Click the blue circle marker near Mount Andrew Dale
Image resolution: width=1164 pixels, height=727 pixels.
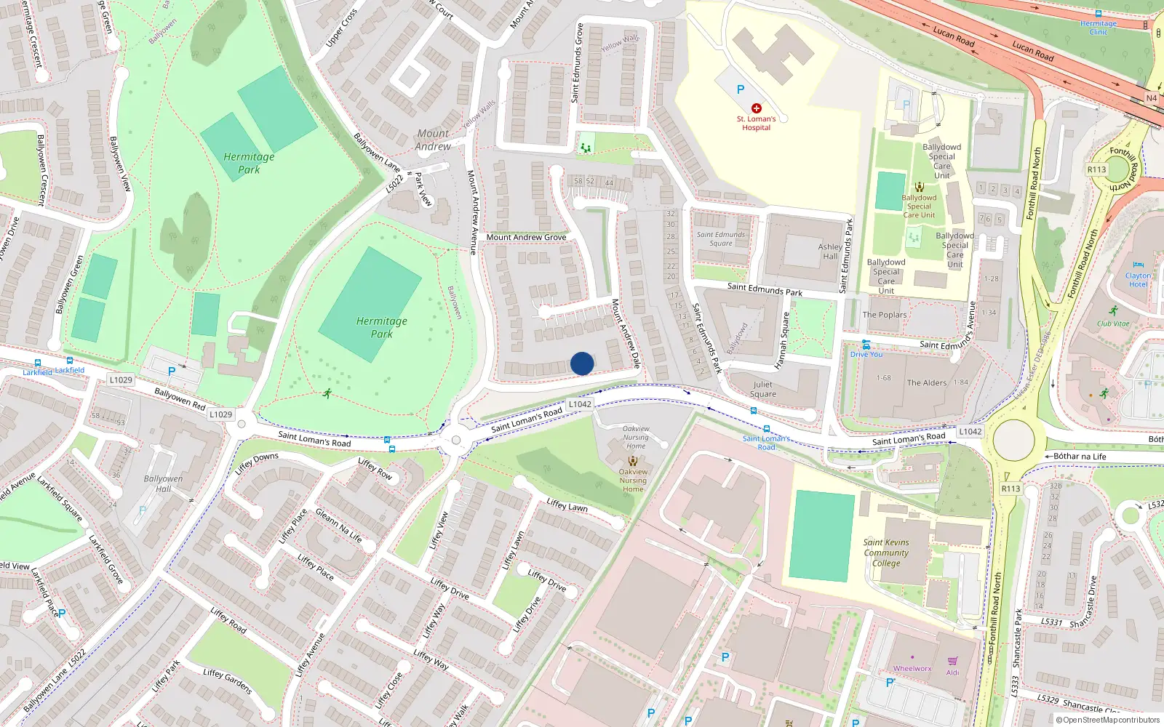coord(582,363)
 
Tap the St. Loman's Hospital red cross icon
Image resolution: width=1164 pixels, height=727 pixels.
coord(757,108)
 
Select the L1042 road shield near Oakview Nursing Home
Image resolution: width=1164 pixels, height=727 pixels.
coord(580,404)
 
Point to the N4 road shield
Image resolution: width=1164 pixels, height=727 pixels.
coord(1151,98)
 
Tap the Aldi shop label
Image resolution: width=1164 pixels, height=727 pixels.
coord(952,672)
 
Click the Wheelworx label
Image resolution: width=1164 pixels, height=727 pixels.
coord(912,668)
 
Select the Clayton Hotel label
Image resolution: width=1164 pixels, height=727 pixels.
coord(1138,280)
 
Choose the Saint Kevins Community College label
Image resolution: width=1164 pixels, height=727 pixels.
coord(886,553)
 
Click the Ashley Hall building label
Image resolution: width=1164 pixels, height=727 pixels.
coord(830,252)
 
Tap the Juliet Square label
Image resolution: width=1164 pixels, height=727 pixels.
coord(763,389)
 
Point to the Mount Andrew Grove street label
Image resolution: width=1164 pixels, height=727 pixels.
coord(526,237)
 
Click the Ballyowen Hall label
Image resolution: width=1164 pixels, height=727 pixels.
coord(163,483)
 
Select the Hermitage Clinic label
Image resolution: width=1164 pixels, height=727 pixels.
coord(1099,28)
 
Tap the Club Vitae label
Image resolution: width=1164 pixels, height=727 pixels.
coord(1113,324)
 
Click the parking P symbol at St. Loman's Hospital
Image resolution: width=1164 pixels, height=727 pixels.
coord(741,89)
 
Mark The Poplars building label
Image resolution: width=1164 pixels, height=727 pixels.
coord(885,315)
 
